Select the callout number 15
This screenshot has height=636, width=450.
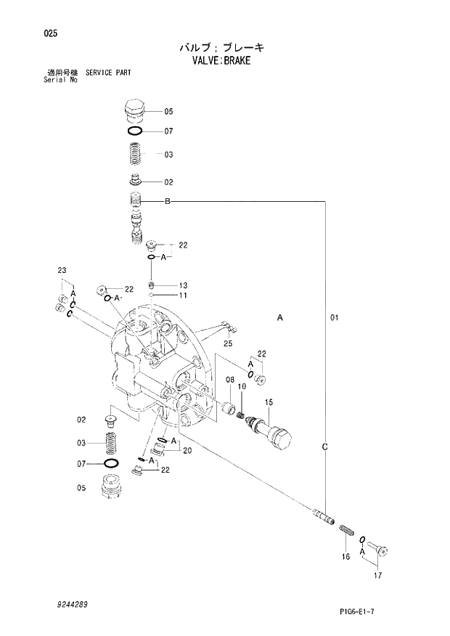(x=268, y=402)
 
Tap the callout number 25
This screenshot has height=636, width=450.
(x=227, y=343)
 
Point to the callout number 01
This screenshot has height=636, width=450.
(x=334, y=317)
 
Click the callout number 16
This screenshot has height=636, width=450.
(x=345, y=557)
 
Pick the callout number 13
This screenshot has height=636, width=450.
(x=183, y=285)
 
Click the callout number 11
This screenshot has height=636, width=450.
(x=183, y=295)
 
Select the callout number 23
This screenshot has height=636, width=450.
(x=62, y=271)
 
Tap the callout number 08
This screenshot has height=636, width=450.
(x=229, y=380)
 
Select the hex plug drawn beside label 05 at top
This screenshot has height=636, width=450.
(x=134, y=110)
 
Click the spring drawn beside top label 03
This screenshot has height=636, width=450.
(x=134, y=154)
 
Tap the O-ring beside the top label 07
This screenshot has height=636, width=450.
(x=135, y=131)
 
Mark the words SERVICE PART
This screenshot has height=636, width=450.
(x=108, y=73)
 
